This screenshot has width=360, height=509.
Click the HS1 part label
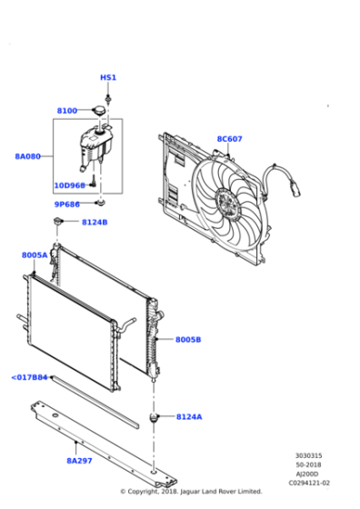[108, 77]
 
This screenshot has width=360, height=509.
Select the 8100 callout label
[67, 111]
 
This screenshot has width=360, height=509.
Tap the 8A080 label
[28, 156]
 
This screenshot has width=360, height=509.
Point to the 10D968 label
[69, 185]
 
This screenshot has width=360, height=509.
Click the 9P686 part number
[67, 205]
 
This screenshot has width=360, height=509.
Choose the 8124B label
[95, 223]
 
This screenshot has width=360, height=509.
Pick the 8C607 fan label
[229, 139]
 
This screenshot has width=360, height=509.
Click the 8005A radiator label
[35, 255]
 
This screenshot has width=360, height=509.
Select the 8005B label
[188, 340]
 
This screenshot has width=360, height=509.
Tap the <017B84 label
[29, 377]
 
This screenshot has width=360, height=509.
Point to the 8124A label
[189, 417]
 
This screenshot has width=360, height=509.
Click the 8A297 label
[79, 461]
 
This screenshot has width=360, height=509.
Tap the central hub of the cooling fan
[229, 205]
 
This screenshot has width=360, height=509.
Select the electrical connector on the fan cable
[295, 190]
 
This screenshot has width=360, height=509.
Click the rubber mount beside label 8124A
[154, 417]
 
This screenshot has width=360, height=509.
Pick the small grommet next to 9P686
[101, 204]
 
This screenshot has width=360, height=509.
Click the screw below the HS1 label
[108, 99]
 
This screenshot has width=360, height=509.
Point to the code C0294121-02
[309, 483]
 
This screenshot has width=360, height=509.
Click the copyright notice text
[191, 492]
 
